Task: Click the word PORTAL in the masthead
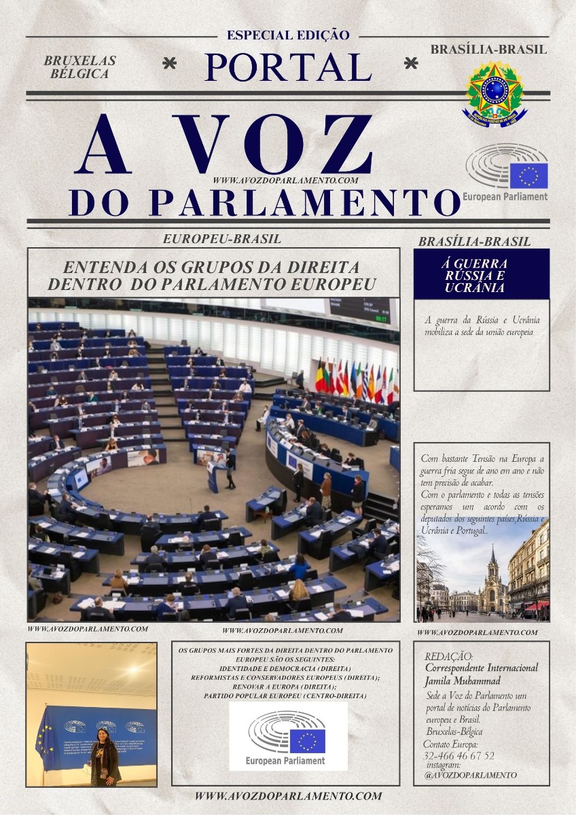coord(288,67)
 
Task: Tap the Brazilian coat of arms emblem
coord(495,93)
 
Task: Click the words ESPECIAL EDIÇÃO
coord(288,35)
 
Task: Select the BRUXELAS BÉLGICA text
coord(79,67)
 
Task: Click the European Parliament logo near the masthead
coord(506,173)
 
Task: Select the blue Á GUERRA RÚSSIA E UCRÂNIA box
coord(481,274)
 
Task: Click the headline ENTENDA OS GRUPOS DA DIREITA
coord(211,267)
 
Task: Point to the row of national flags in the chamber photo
coord(355,380)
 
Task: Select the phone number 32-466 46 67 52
coord(458,755)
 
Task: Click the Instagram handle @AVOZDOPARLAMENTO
coord(470,775)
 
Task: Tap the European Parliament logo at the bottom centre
coord(288,736)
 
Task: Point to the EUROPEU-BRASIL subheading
coord(222,239)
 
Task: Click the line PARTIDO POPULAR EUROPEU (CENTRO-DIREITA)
coord(285,695)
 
